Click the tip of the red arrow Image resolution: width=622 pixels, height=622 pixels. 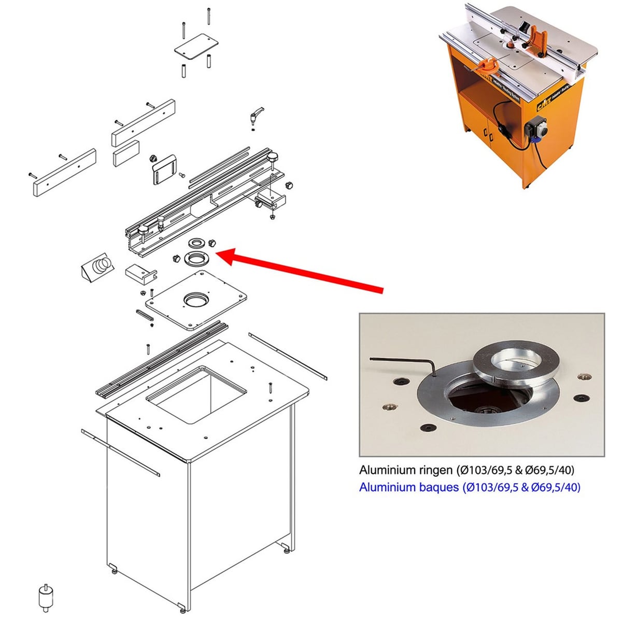pyautogui.click(x=216, y=253)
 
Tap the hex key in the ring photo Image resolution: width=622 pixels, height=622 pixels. pyautogui.click(x=404, y=364)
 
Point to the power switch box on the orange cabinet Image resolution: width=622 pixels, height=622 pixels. pyautogui.click(x=536, y=130)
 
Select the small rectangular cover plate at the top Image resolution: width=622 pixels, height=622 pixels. pyautogui.click(x=196, y=47)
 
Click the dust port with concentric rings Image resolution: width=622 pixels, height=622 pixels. pyautogui.click(x=97, y=267)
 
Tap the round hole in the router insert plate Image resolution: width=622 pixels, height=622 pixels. pyautogui.click(x=196, y=300)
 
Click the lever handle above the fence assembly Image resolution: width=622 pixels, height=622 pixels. pyautogui.click(x=257, y=115)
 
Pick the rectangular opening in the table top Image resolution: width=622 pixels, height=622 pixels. pyautogui.click(x=196, y=395)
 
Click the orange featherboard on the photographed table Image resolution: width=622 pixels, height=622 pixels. pyautogui.click(x=535, y=40)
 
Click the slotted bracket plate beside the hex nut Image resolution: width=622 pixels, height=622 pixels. pyautogui.click(x=164, y=170)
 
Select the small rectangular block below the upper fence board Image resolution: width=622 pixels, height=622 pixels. pyautogui.click(x=126, y=153)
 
